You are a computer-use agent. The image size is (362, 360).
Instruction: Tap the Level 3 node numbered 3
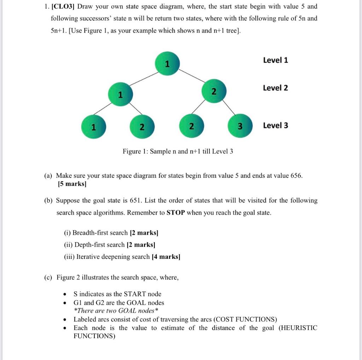(240, 126)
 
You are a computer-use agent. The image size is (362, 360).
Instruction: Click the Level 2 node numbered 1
(120, 94)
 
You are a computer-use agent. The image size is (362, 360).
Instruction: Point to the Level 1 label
(275, 60)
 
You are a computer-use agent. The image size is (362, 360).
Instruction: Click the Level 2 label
(275, 88)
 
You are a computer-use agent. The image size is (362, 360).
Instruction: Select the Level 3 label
(275, 125)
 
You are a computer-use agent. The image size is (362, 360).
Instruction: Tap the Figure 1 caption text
(178, 152)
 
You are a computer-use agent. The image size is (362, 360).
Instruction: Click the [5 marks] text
(72, 184)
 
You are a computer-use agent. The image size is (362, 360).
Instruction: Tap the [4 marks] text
(166, 257)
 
